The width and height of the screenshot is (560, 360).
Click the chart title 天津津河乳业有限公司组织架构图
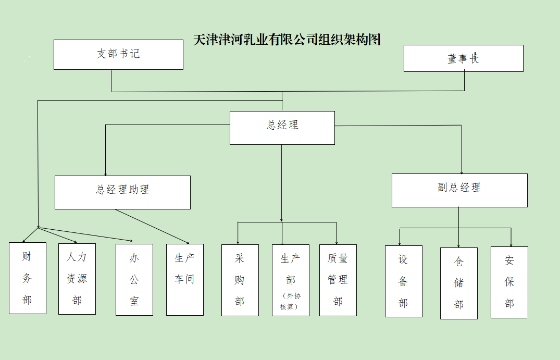tap(287, 40)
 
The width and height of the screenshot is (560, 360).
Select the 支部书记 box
tap(118, 54)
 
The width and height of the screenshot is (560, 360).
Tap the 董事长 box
tap(463, 58)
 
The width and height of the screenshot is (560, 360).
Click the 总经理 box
tap(282, 127)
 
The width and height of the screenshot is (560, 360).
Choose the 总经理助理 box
tap(122, 192)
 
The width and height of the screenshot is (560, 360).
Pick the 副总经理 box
tap(459, 190)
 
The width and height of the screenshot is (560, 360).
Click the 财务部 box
tap(28, 278)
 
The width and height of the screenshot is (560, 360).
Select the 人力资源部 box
tap(77, 279)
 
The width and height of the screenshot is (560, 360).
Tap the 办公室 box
tap(134, 280)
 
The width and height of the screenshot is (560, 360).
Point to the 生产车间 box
tap(185, 280)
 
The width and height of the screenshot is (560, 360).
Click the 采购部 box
tap(240, 280)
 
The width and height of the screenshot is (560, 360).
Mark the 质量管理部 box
tap(338, 280)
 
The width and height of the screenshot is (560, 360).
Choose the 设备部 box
tap(403, 281)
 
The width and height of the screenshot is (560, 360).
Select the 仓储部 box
tap(458, 283)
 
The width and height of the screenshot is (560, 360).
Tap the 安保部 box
tap(509, 282)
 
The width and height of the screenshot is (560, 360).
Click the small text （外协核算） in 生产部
tap(290, 301)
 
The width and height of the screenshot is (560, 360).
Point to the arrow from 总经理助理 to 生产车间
tap(151, 226)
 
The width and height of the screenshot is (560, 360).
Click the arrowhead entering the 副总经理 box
tap(462, 171)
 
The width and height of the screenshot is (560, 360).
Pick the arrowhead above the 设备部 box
tap(400, 243)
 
